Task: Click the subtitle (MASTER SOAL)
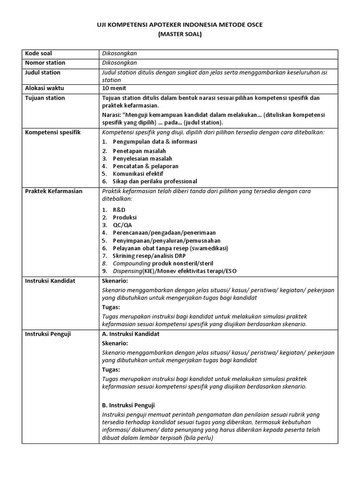(180, 34)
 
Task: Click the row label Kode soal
(38, 53)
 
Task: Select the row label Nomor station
(45, 63)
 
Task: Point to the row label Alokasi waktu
(45, 88)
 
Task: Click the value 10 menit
(114, 88)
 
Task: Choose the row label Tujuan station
(45, 98)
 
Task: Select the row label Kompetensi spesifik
(53, 132)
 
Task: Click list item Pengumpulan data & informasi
(155, 142)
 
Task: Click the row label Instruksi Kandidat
(51, 281)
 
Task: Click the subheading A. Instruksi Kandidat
(131, 334)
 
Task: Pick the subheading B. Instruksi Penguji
(128, 405)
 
